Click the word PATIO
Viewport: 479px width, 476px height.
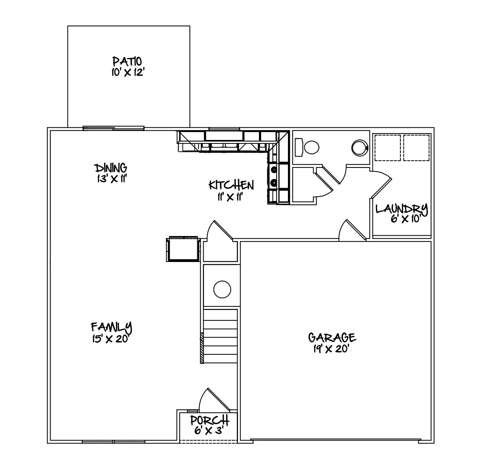click(127, 61)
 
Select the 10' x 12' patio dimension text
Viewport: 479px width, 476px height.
click(127, 72)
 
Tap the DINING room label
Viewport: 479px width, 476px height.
click(111, 168)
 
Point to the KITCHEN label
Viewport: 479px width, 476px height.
click(231, 185)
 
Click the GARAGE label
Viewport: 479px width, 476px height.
click(332, 338)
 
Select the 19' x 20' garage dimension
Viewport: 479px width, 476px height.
click(331, 349)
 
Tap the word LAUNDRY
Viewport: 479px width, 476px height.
click(402, 209)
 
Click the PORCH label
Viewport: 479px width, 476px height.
click(209, 420)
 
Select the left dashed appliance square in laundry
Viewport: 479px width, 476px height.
click(387, 148)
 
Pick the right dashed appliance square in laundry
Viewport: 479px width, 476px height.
click(416, 148)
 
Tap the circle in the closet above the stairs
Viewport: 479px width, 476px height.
click(222, 289)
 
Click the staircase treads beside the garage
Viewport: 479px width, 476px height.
click(220, 336)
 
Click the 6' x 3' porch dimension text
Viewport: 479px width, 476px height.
click(208, 431)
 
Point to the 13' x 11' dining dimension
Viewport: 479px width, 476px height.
click(111, 178)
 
